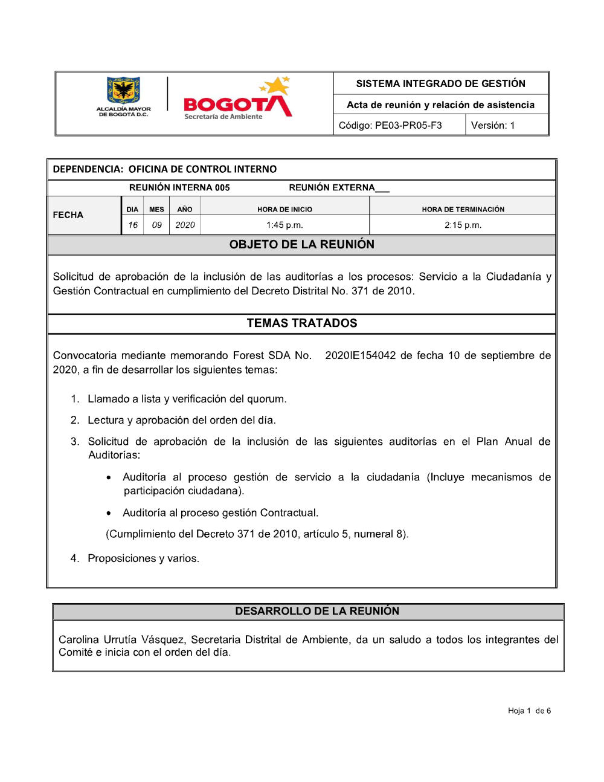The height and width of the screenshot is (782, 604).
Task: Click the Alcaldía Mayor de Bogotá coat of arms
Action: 123,90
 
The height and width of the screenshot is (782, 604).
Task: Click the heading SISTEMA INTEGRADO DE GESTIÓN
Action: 440,83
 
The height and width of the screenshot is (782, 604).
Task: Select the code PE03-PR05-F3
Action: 408,125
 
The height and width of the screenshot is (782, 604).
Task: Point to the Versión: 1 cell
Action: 493,125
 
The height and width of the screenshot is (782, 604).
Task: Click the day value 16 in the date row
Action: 132,225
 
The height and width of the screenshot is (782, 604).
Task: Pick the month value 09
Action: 156,225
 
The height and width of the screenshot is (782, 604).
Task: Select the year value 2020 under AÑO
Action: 185,225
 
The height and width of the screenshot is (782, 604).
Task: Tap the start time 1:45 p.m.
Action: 284,225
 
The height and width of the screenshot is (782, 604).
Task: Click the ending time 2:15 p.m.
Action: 463,225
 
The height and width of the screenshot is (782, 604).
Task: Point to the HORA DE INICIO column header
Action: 284,209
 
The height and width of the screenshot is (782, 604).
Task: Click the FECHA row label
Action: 68,215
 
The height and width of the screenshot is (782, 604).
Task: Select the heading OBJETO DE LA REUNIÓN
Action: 301,244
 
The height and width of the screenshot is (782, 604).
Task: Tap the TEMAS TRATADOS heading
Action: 301,323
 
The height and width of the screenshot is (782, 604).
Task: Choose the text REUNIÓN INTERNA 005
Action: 179,187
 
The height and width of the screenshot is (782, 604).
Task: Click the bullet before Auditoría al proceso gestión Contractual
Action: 109,513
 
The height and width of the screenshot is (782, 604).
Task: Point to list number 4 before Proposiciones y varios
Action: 74,558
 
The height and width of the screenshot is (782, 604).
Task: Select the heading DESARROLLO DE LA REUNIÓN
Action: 317,611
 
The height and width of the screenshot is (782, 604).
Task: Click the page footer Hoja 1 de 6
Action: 529,711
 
